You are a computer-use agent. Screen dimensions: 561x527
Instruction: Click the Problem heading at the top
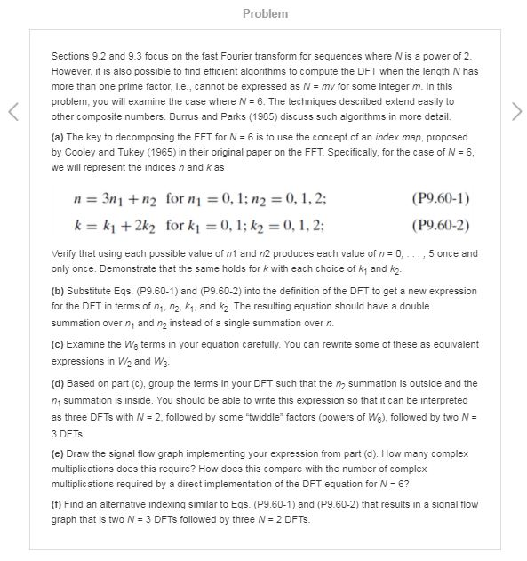tap(264, 14)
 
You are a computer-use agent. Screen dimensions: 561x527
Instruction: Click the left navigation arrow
tap(13, 112)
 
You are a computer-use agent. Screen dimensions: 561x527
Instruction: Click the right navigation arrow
tap(515, 112)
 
